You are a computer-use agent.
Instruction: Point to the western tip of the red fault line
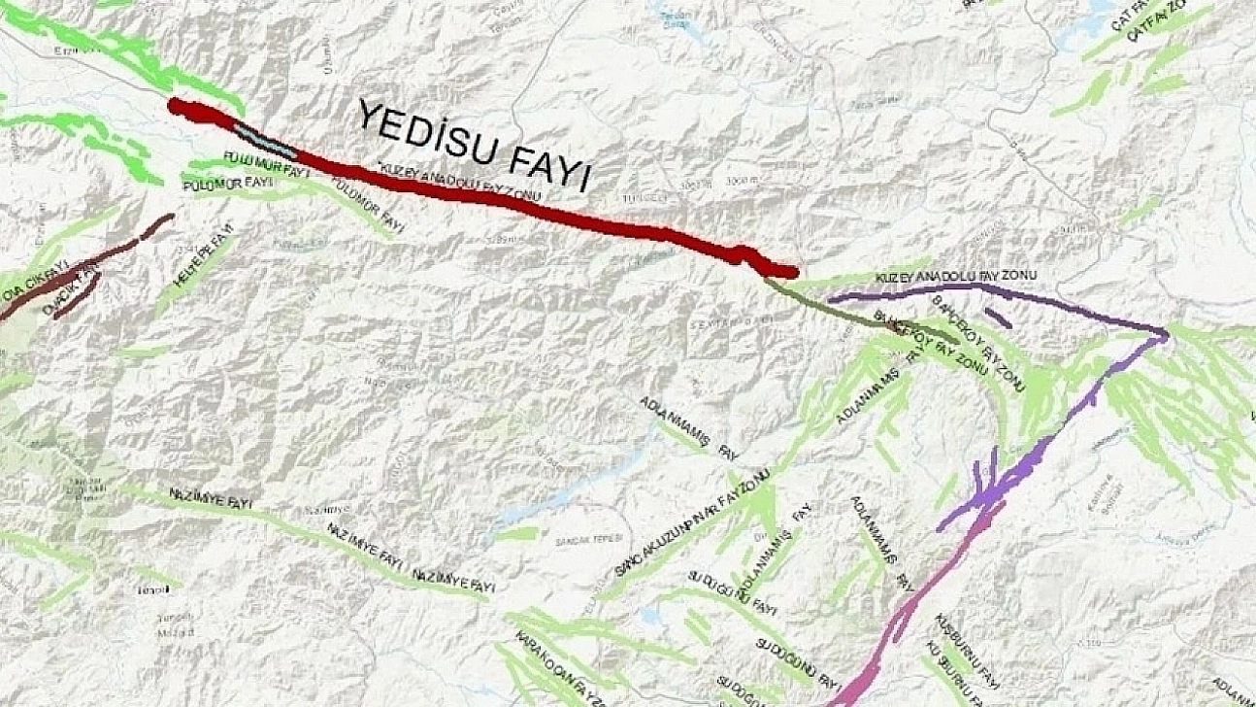[x=175, y=104]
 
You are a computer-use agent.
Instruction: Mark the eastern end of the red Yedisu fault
[x=793, y=272]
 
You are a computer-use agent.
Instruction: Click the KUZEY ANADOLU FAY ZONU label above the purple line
[x=955, y=277]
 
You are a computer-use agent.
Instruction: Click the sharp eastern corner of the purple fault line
[x=1166, y=335]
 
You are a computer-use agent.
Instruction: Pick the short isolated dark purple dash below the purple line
[x=998, y=318]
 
